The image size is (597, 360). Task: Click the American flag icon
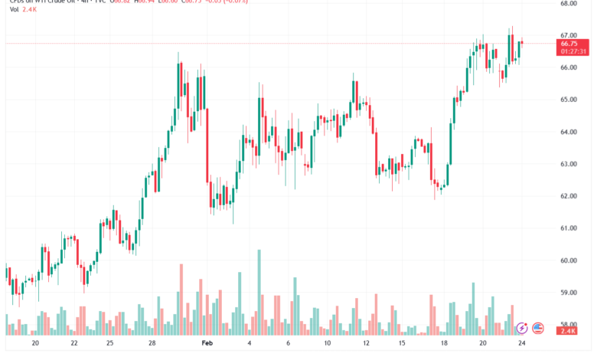click(537, 328)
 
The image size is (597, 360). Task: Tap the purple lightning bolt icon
click(522, 328)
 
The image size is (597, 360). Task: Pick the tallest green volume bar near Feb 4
click(259, 292)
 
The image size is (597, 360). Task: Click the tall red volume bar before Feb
click(181, 299)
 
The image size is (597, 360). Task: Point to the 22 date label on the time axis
click(73, 343)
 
